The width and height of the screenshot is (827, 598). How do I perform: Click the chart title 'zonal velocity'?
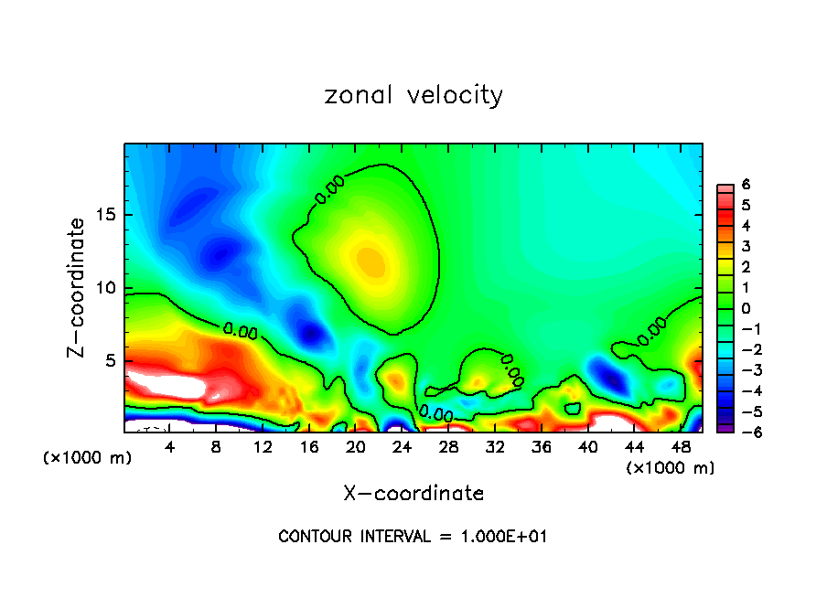pos(413,95)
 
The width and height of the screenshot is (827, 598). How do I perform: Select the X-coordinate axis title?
pos(413,493)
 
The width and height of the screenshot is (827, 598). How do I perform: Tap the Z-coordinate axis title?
pos(78,287)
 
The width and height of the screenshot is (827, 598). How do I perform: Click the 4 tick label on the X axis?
pos(169,446)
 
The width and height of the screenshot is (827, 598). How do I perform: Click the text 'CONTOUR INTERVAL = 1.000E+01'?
pos(413,536)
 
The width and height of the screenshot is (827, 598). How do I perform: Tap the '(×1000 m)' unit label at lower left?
pos(87,458)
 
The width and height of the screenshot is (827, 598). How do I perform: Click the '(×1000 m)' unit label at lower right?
pos(670,467)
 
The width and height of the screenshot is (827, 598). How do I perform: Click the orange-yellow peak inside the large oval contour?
pos(371,261)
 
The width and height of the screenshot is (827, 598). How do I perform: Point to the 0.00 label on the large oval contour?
pos(329,189)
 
